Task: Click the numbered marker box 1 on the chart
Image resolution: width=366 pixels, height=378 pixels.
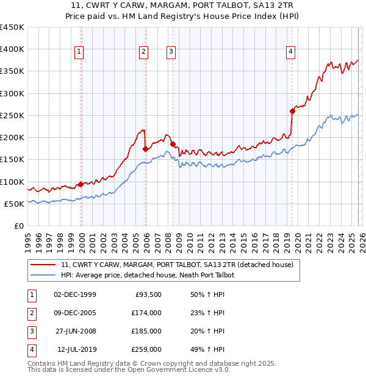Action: point(80,52)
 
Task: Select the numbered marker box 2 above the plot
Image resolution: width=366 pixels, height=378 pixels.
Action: point(143,52)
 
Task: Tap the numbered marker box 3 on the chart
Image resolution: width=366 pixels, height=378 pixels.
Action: point(171,52)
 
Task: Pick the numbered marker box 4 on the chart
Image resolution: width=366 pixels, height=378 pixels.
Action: point(291,52)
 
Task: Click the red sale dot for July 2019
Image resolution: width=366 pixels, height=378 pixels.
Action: point(292,111)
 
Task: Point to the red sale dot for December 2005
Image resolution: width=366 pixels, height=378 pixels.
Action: point(145,149)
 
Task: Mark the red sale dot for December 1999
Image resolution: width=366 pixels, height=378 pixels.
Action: point(81,184)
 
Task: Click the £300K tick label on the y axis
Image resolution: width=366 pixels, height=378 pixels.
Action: point(12,93)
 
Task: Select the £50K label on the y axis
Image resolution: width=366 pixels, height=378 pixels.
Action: point(14,204)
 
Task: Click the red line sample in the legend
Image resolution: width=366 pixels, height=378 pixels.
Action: point(43,265)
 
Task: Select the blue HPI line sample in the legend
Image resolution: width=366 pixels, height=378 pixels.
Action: point(43,275)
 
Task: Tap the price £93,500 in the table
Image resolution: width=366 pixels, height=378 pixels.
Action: point(148,294)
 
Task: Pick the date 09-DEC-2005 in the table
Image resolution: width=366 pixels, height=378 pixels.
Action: point(75,313)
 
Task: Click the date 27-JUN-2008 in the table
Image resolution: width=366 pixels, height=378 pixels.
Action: point(75,331)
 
